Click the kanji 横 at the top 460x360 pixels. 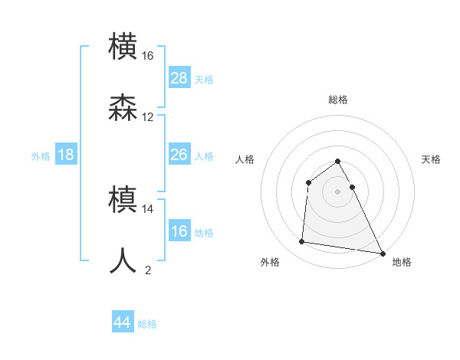(x=123, y=47)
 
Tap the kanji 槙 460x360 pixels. (x=123, y=200)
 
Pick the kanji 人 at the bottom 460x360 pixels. (x=123, y=260)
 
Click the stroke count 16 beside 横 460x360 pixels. (x=148, y=56)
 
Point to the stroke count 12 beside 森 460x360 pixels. (x=148, y=117)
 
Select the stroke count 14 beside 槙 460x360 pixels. (x=148, y=208)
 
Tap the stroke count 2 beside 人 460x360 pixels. (x=148, y=270)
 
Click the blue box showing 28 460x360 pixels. (x=179, y=78)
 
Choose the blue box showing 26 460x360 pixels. (x=179, y=155)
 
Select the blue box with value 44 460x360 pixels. (x=122, y=322)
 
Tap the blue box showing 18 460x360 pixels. (x=66, y=155)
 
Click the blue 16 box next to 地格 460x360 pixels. (x=179, y=231)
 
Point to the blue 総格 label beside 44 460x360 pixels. (x=147, y=324)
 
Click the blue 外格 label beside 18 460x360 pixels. (x=41, y=155)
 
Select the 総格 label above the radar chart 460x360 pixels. (x=337, y=100)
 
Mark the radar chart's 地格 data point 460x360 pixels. (x=383, y=254)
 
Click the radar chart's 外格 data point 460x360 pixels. (x=301, y=242)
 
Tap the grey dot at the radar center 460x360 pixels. (x=337, y=191)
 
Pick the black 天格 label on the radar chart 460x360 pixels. (x=432, y=159)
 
